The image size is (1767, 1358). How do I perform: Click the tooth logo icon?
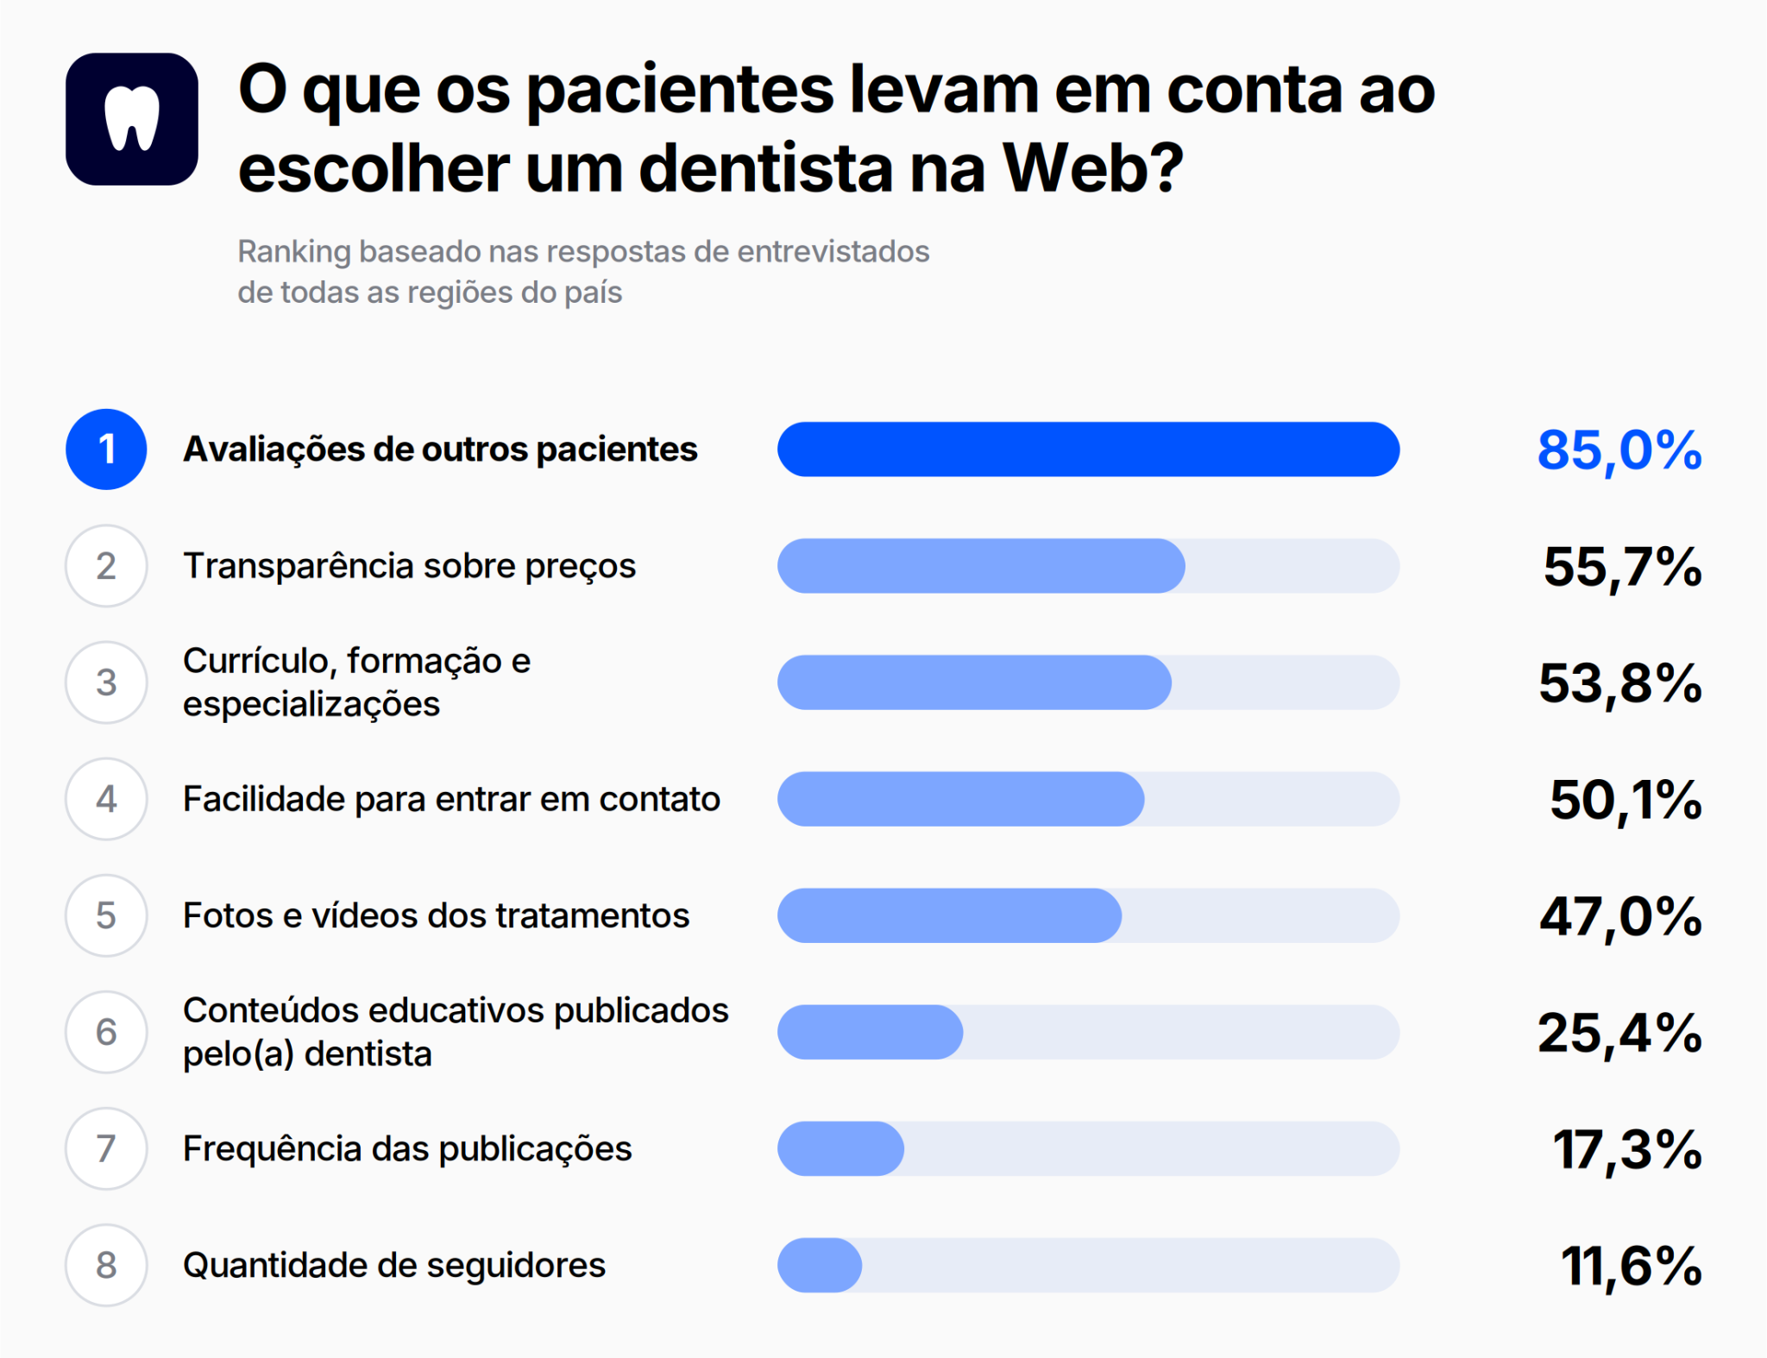click(x=132, y=119)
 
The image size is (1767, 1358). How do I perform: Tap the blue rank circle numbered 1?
click(x=106, y=450)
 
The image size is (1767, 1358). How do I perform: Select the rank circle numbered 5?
click(x=106, y=915)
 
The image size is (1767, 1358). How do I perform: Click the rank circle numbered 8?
click(x=106, y=1265)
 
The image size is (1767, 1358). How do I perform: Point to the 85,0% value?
click(x=1619, y=450)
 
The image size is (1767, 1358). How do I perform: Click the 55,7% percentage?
click(x=1623, y=567)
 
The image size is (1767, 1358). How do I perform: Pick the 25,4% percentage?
click(x=1619, y=1033)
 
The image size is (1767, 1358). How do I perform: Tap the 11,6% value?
click(x=1632, y=1267)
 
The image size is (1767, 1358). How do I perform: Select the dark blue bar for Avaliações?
click(x=1088, y=450)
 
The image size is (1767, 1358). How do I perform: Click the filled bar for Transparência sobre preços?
click(x=981, y=566)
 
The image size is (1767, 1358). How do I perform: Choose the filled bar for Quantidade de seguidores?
click(x=820, y=1265)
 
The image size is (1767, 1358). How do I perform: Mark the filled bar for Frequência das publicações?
click(x=840, y=1148)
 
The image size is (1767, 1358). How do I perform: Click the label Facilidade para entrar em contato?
click(x=451, y=799)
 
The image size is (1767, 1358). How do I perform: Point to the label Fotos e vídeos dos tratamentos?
click(x=437, y=915)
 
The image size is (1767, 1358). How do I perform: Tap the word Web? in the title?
click(x=1093, y=167)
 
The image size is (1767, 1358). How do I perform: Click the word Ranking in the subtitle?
click(x=294, y=252)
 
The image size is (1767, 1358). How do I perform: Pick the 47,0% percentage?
click(x=1620, y=916)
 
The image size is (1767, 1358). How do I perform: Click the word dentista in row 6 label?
click(x=368, y=1053)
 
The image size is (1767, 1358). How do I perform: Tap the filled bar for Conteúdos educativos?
click(x=870, y=1032)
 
